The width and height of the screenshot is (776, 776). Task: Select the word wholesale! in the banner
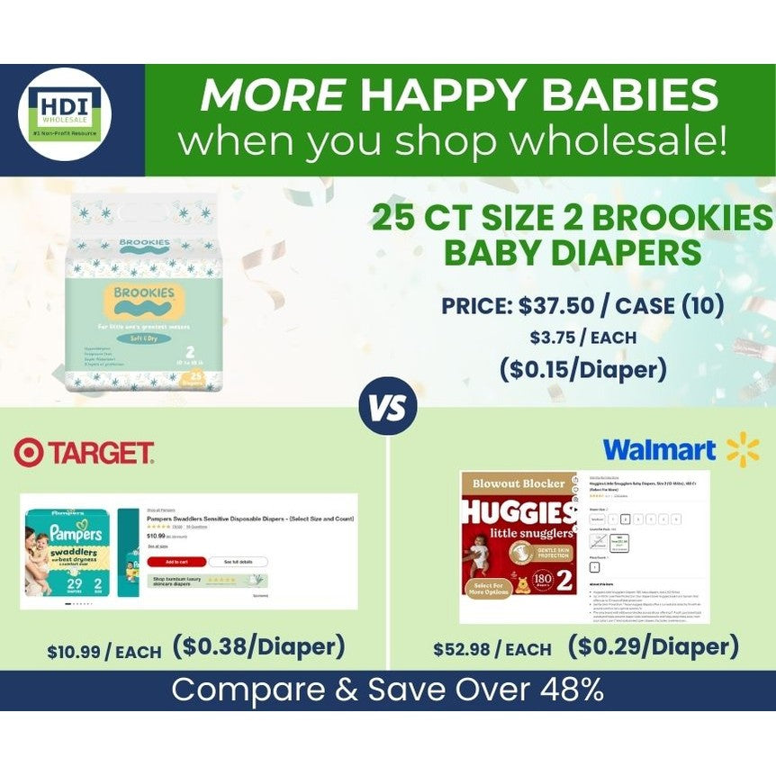point(611,141)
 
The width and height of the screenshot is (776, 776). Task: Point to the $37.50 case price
point(555,306)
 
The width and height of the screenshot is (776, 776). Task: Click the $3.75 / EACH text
point(582,338)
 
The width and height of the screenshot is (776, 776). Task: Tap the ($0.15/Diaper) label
point(582,369)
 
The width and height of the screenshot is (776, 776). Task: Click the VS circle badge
point(388,407)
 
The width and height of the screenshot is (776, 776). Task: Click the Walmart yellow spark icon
point(743,449)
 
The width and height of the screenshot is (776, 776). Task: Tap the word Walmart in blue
point(659,450)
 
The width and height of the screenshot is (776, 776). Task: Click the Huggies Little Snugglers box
point(519,546)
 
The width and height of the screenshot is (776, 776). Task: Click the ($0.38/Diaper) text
point(259,646)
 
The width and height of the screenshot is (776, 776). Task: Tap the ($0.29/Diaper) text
point(653,646)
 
